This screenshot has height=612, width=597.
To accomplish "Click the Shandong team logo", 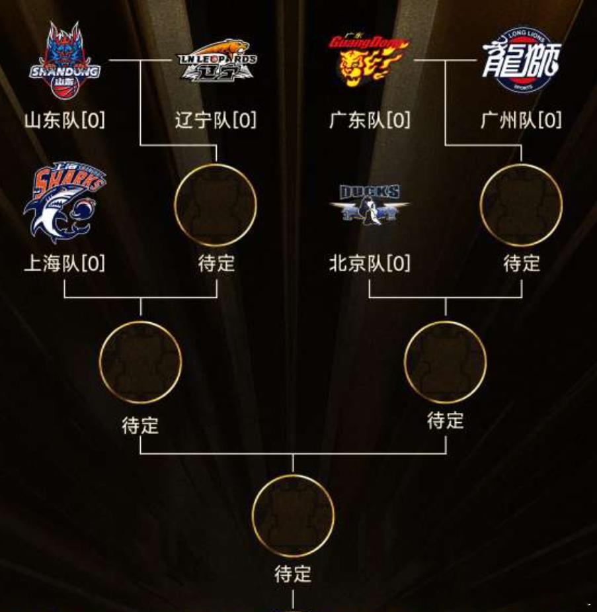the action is [x=65, y=60].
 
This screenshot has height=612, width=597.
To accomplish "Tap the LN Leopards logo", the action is [x=218, y=60].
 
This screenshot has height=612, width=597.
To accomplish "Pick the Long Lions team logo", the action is [x=521, y=60].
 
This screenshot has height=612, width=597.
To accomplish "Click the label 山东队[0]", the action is [x=65, y=120].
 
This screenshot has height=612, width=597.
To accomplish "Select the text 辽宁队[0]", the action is [x=216, y=120].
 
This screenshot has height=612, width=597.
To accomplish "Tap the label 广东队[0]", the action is [x=370, y=120].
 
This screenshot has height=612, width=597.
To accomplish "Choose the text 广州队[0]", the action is [x=521, y=120].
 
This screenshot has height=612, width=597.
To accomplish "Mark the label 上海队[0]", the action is [x=65, y=263].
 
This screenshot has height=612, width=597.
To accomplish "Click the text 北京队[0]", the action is [x=370, y=263].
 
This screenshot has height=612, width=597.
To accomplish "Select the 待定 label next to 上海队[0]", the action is [x=216, y=263].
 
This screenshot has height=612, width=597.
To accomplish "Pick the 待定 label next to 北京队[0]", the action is [x=522, y=263].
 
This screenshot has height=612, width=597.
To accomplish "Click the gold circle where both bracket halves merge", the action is [x=293, y=476].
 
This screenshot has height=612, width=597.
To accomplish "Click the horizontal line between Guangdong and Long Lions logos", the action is [x=446, y=60].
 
